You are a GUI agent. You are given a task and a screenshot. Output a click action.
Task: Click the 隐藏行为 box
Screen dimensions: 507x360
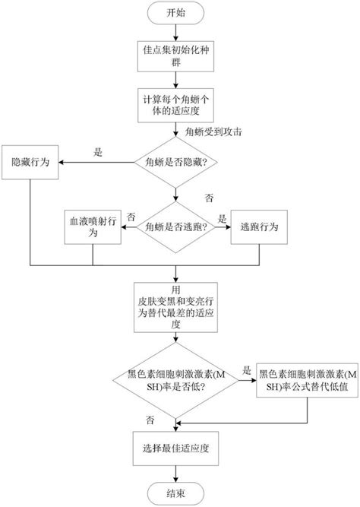[x=30, y=162]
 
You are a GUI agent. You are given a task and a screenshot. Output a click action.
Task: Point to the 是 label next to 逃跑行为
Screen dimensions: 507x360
[x=223, y=217]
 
